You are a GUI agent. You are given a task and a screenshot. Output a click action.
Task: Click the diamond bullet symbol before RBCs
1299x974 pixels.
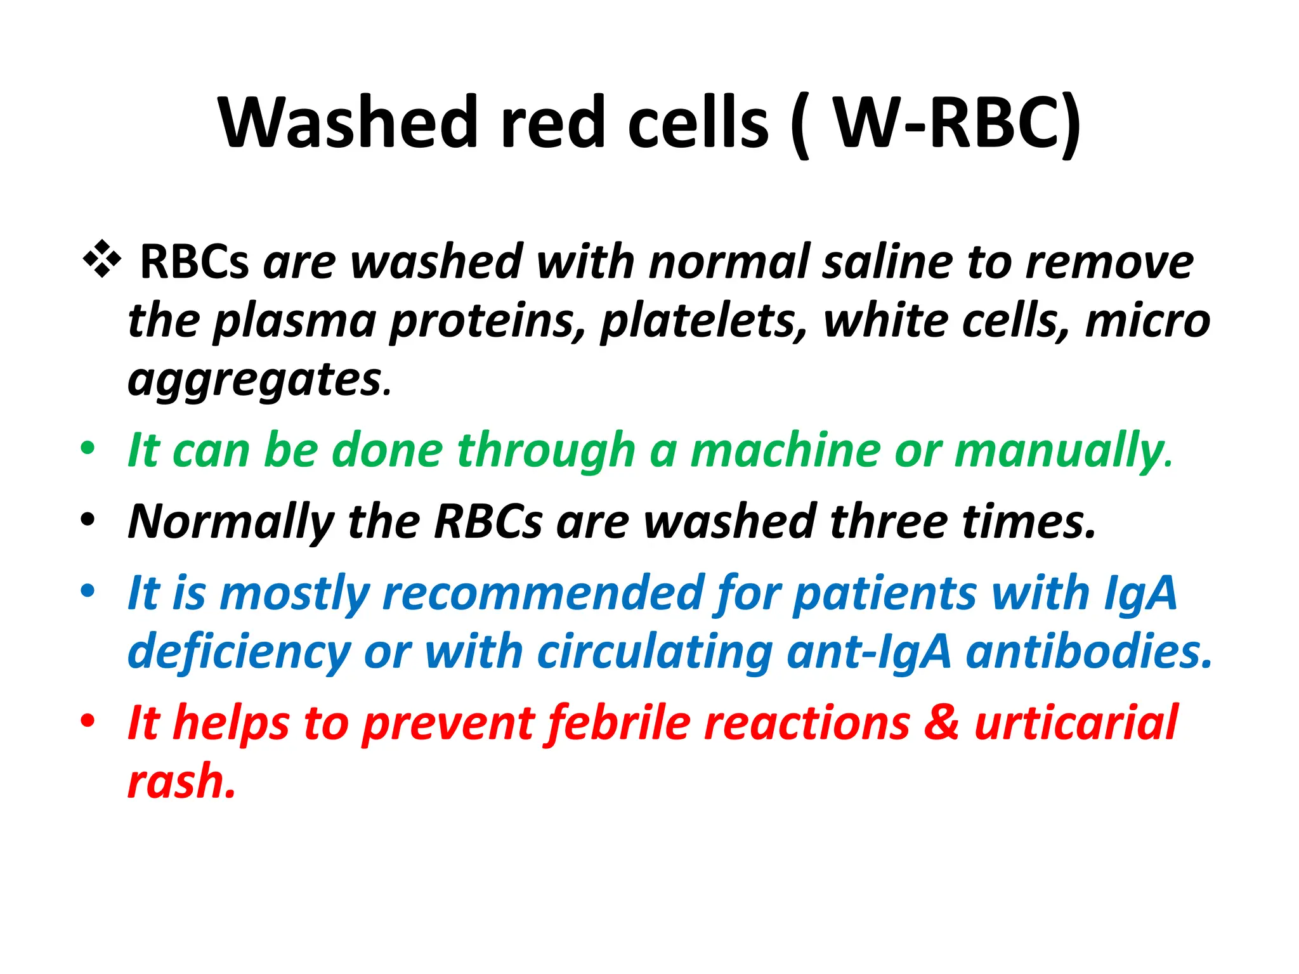point(101,260)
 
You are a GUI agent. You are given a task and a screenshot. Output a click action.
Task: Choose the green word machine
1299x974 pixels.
point(785,450)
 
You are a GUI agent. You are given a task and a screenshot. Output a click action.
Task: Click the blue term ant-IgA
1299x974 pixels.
point(869,652)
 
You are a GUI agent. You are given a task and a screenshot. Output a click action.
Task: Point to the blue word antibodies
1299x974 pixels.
point(1087,652)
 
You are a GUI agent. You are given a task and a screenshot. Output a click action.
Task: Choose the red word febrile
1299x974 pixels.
point(618,722)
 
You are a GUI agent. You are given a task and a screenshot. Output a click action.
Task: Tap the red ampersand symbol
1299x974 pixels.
point(941,722)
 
